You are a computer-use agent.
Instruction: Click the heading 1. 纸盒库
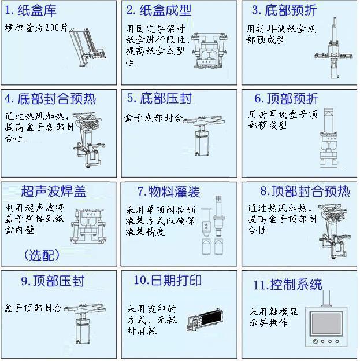point(31,11)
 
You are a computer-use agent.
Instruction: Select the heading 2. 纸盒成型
point(158,10)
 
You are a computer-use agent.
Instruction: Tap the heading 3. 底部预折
point(284,10)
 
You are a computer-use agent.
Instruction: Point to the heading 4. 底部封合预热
point(50,99)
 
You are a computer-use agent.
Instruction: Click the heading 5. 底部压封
point(159,98)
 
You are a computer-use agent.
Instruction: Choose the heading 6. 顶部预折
point(286,99)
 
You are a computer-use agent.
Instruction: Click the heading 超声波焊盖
point(54,191)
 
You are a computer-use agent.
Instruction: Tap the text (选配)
point(42,255)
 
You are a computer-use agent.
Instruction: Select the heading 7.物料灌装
point(169,192)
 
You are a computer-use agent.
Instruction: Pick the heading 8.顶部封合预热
point(305,191)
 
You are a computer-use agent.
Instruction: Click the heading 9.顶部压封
point(53,281)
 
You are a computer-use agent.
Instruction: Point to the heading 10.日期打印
point(168,281)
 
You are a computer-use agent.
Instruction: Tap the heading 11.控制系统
point(288,285)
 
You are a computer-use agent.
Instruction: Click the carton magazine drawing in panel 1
point(88,47)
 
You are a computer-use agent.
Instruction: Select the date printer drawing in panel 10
point(205,319)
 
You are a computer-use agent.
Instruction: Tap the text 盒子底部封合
point(153,118)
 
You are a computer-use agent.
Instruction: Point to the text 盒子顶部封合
point(33,308)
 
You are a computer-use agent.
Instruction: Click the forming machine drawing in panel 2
point(209,51)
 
